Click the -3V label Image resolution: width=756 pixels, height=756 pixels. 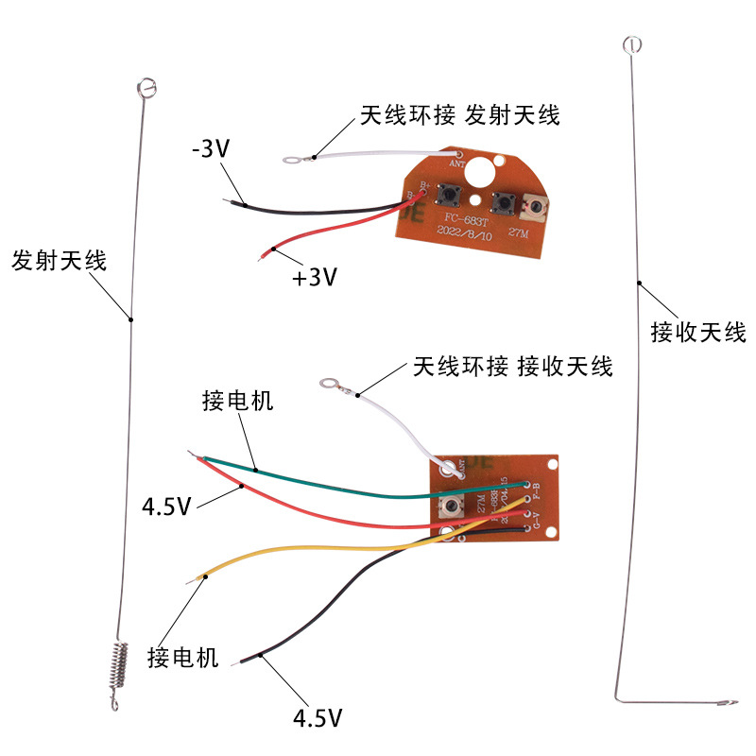click(211, 149)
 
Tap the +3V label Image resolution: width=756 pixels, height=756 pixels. click(315, 279)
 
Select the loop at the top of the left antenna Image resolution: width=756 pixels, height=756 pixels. click(145, 87)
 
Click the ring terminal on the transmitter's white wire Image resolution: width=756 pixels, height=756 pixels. click(295, 160)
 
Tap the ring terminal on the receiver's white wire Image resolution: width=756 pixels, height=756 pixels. click(330, 384)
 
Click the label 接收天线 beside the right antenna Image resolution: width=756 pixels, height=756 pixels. click(698, 333)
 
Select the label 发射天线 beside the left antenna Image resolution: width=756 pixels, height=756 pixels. click(59, 261)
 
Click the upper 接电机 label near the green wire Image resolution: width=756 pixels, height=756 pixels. click(237, 401)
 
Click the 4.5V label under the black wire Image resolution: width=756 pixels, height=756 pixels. click(317, 718)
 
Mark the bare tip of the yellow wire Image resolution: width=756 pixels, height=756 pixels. click(201, 576)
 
